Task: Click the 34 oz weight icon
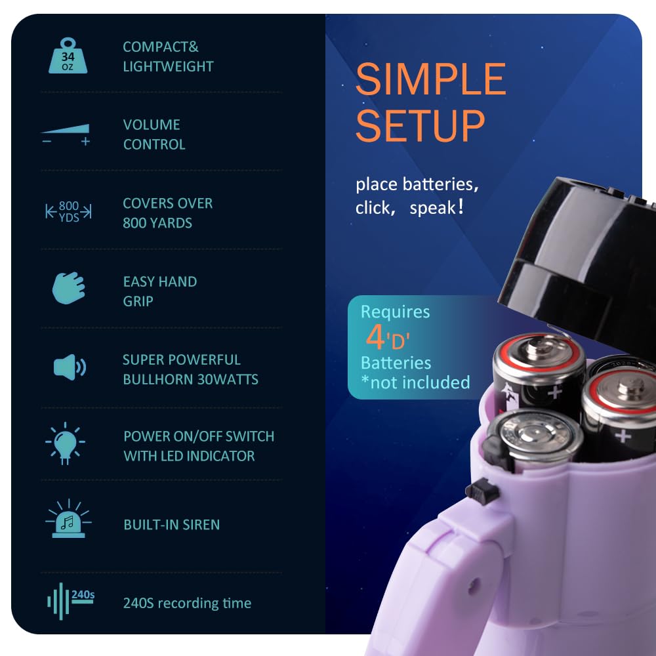[68, 56]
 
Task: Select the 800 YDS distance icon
[69, 211]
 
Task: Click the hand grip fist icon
[69, 288]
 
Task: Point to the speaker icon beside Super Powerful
[70, 367]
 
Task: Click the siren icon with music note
[68, 518]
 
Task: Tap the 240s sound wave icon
[71, 601]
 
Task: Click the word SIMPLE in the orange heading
[431, 79]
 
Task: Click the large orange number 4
[375, 337]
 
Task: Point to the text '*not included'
[415, 382]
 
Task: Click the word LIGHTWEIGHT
[168, 66]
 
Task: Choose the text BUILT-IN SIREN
[171, 525]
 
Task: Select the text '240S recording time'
[187, 604]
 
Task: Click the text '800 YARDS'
[157, 223]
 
